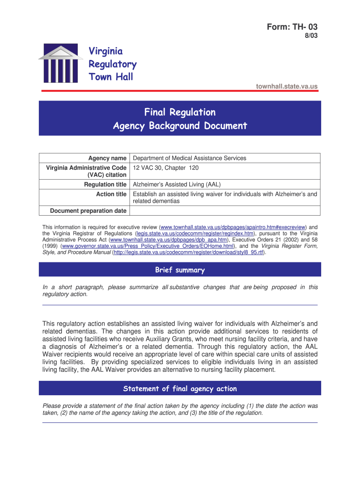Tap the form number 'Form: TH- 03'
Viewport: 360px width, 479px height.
point(291,27)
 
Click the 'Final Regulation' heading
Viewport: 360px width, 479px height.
point(180,112)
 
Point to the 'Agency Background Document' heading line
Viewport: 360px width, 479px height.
point(180,125)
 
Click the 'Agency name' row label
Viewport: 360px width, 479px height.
point(108,158)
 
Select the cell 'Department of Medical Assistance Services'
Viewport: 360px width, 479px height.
point(189,158)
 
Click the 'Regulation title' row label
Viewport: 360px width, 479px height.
point(105,185)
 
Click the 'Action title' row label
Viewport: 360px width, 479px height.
point(111,194)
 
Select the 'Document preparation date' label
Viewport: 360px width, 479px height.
point(88,211)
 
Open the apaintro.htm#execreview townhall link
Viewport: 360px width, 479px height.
point(232,227)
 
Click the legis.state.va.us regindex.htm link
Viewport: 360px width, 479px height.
point(195,233)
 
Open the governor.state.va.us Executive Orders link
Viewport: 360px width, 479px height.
point(147,246)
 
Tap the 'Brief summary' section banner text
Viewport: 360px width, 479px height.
point(180,270)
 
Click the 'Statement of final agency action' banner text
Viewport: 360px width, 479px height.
point(180,389)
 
